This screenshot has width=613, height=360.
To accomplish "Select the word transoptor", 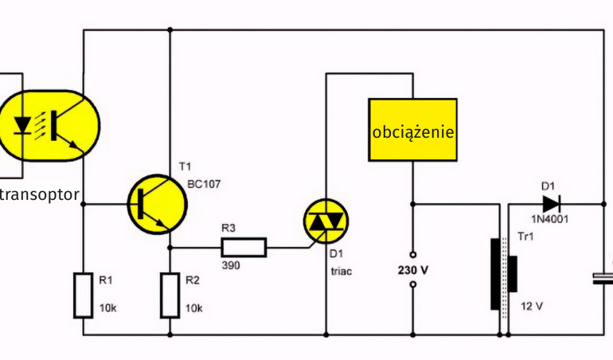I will [x=40, y=194].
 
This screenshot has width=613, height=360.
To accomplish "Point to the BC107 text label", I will [x=204, y=184].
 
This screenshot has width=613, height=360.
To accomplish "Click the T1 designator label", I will [x=185, y=166].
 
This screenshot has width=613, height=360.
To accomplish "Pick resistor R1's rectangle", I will [x=84, y=295].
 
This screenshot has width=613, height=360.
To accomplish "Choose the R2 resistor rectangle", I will [x=170, y=295].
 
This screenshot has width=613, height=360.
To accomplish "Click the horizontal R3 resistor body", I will [x=244, y=247].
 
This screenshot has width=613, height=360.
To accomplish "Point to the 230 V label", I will [x=412, y=270].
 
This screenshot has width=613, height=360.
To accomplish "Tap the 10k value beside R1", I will [x=108, y=308].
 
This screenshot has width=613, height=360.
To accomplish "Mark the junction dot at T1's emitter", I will [x=170, y=247].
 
